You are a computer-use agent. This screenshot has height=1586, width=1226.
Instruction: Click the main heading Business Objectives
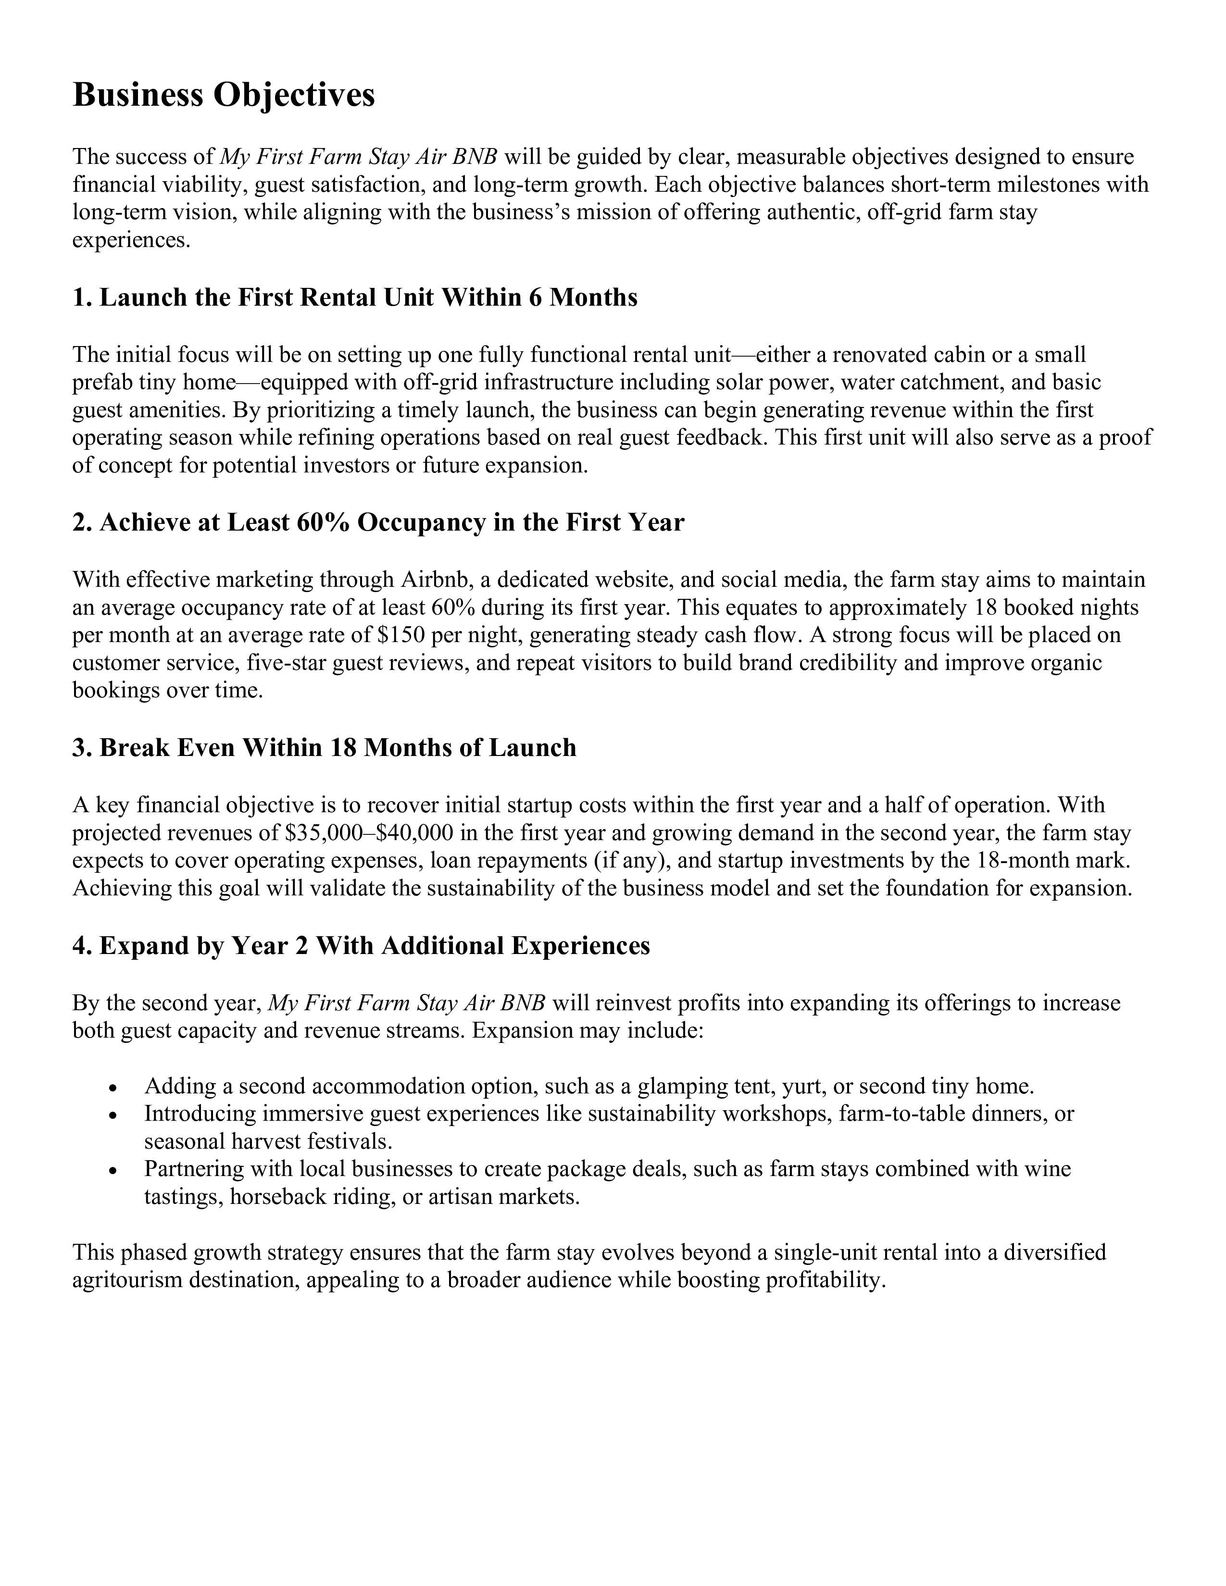[x=224, y=96]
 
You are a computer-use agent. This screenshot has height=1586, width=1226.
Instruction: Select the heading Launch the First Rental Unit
[x=354, y=298]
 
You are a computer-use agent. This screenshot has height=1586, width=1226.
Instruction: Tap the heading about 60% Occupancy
[x=378, y=523]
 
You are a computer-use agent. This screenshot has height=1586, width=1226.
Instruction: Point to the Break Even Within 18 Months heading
[x=324, y=748]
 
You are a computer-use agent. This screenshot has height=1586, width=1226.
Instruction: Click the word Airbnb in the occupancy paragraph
[x=434, y=580]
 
